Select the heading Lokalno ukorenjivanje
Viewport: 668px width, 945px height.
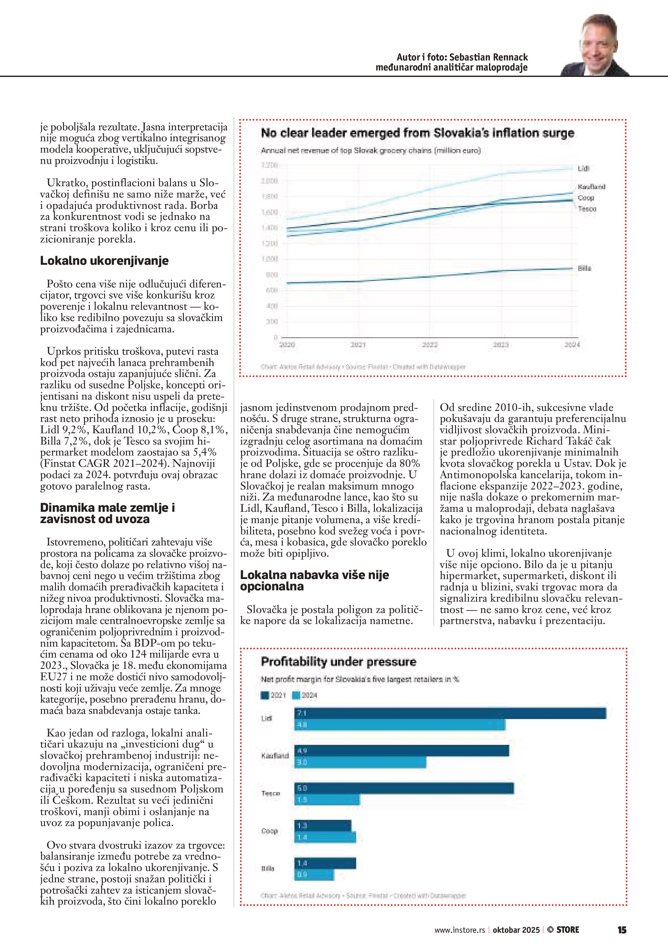[x=104, y=261]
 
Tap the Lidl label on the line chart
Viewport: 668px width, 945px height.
[x=583, y=169]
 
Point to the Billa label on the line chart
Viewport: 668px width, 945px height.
[x=584, y=268]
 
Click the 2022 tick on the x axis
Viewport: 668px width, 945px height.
[x=429, y=345]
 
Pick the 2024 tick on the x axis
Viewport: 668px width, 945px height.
[x=572, y=345]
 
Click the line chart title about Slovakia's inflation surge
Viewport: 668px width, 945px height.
[x=417, y=133]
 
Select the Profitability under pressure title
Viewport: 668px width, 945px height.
[x=339, y=662]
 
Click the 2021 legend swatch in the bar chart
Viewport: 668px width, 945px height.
[x=264, y=695]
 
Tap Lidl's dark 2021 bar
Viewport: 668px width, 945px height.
[x=450, y=713]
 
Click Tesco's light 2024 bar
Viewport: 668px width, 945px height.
[x=327, y=800]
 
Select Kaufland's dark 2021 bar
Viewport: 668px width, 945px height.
[x=401, y=751]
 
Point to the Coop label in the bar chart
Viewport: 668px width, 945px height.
[x=270, y=831]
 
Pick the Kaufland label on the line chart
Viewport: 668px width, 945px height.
[x=591, y=187]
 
